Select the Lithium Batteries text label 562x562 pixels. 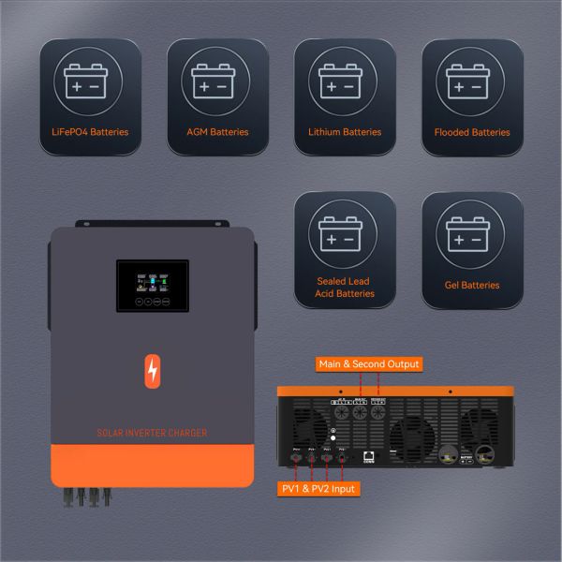point(345,132)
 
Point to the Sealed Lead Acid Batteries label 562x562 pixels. point(345,287)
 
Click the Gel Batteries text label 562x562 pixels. point(472,285)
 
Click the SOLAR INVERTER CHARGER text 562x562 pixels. point(153,433)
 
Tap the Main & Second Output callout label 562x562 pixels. point(369,363)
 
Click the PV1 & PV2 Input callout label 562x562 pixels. point(318,489)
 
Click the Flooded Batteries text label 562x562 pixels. point(472,132)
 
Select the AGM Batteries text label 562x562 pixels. point(217,132)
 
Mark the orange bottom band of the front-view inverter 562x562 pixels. point(153,464)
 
